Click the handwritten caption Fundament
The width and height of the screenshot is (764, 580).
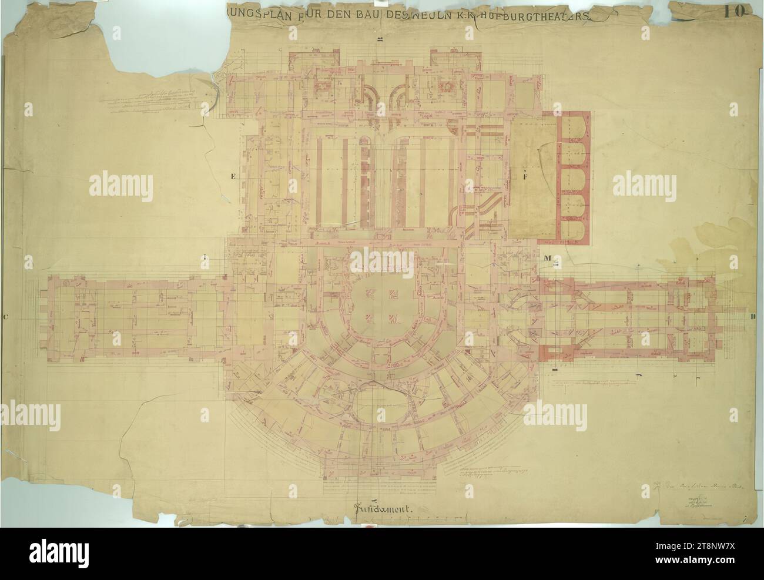pos(384,508)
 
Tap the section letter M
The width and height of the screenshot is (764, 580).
pos(547,258)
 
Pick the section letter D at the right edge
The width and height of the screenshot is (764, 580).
pos(752,317)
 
